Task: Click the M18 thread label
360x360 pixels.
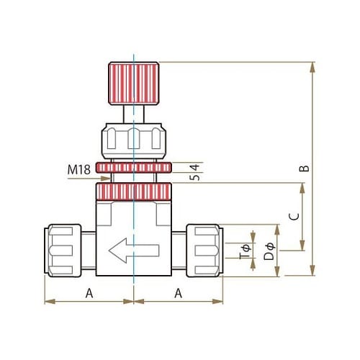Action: tap(79, 170)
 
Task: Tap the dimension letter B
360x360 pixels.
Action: tap(305, 168)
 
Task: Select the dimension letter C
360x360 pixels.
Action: tap(294, 217)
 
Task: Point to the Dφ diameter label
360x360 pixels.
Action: tap(269, 251)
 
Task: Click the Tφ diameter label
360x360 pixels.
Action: tap(245, 251)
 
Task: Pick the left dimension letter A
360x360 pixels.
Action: tap(89, 293)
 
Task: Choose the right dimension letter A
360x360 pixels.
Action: tap(179, 293)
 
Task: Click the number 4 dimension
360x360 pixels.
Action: tap(196, 168)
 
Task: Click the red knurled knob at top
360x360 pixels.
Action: tap(134, 84)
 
